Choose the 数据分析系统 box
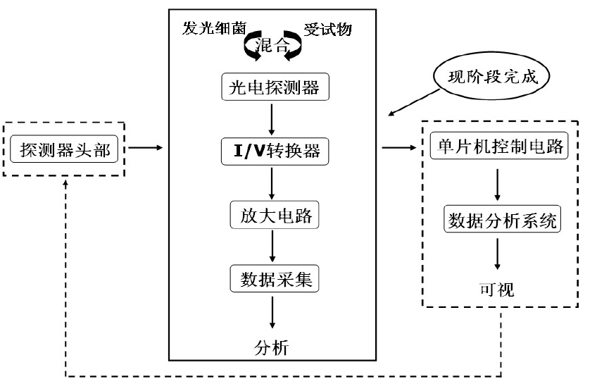coord(502,221)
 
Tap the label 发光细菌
coord(210,30)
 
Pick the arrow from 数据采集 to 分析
coord(272,311)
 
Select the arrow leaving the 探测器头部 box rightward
coord(146,148)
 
